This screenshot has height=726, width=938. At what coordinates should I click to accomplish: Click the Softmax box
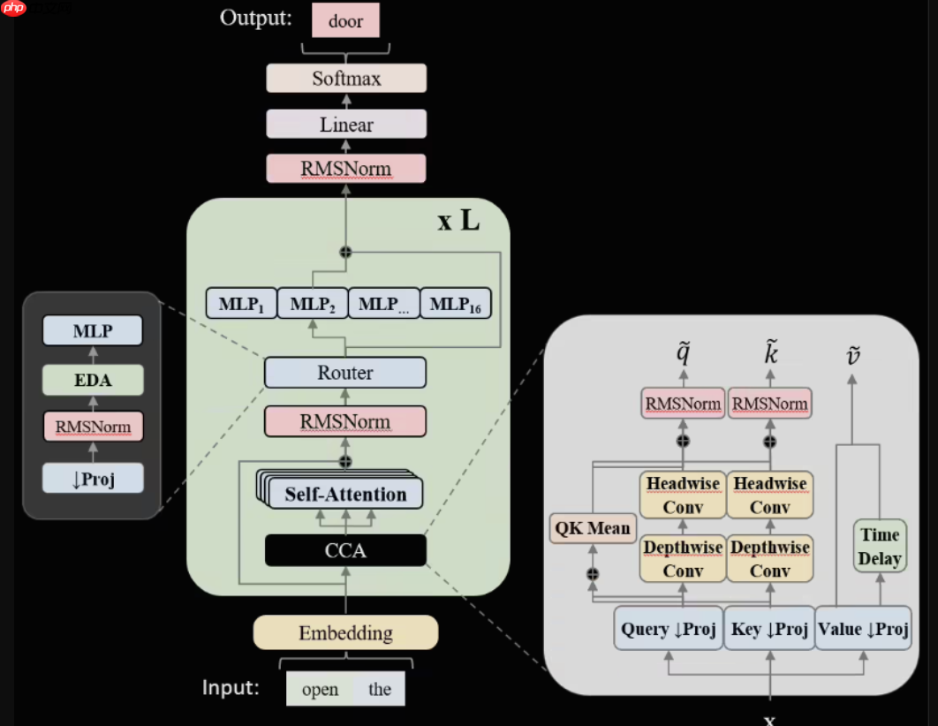click(346, 79)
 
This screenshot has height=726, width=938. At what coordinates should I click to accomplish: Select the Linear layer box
click(346, 125)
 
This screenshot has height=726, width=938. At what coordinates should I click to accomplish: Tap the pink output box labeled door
click(345, 21)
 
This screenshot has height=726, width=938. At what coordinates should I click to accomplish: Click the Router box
click(345, 373)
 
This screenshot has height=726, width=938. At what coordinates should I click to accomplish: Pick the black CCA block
click(345, 551)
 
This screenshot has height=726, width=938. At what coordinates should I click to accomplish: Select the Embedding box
click(345, 632)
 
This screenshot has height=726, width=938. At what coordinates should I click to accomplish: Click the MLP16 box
click(455, 304)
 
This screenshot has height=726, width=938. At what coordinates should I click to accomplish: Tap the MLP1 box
click(241, 304)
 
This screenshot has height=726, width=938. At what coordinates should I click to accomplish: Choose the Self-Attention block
click(345, 494)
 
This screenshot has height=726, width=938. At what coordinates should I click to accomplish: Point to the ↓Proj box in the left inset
click(92, 478)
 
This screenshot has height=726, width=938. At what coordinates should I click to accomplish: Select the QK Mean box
click(593, 528)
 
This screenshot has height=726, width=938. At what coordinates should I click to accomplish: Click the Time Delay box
click(880, 546)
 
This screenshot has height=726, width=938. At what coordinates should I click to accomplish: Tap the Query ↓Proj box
click(669, 629)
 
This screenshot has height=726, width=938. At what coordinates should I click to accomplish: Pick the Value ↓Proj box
click(863, 629)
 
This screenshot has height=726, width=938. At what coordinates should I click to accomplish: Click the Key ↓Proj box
click(769, 629)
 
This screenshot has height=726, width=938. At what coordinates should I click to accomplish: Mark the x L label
click(459, 221)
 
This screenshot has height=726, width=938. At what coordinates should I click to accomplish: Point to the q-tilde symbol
click(683, 354)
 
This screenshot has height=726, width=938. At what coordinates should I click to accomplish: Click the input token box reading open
click(320, 689)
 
